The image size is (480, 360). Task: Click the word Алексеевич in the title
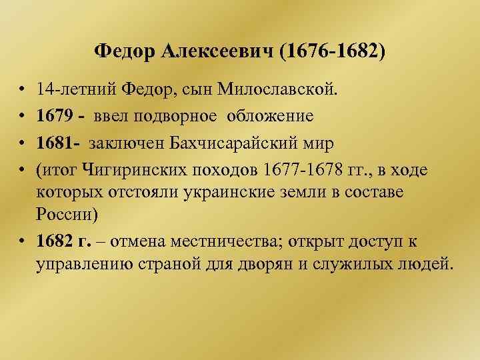[215, 51]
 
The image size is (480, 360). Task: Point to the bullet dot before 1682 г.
[23, 241]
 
